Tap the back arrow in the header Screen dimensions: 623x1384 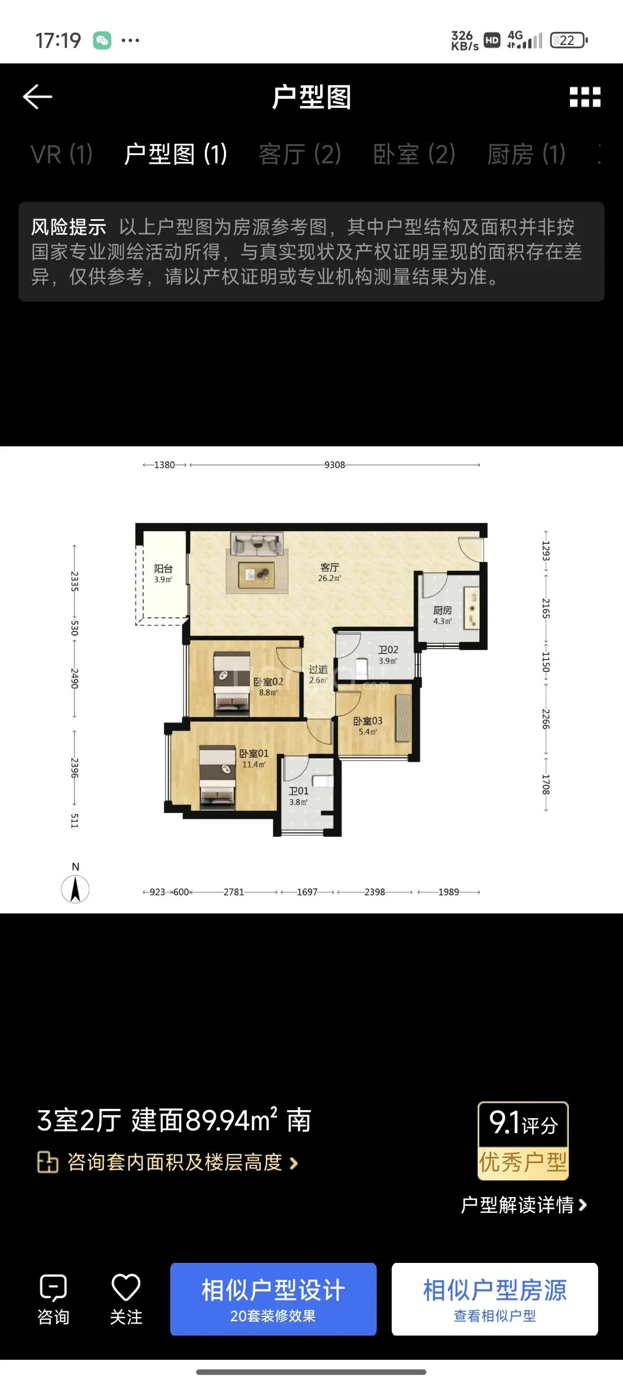37,97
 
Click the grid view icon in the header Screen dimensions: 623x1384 585,97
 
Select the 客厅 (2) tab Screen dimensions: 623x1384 300,155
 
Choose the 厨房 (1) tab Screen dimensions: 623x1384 526,155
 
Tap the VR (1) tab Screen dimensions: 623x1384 62,155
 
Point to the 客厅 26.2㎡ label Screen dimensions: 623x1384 330,573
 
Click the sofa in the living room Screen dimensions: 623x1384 257,544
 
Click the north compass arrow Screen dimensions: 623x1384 75,889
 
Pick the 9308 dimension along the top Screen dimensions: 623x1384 335,465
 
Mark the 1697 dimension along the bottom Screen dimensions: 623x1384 307,892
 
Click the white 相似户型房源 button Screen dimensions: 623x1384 495,1299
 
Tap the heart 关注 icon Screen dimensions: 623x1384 126,1287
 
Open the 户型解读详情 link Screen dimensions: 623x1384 524,1205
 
